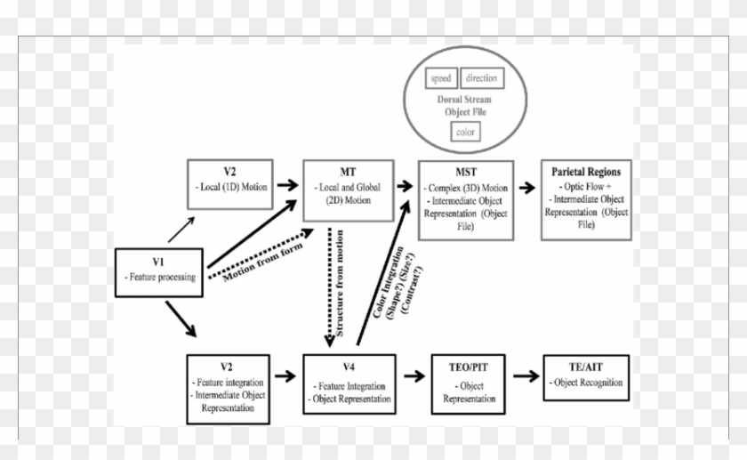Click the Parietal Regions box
(x=586, y=200)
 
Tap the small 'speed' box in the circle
(x=441, y=78)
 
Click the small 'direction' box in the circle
(x=481, y=78)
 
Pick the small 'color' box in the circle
(x=465, y=133)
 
